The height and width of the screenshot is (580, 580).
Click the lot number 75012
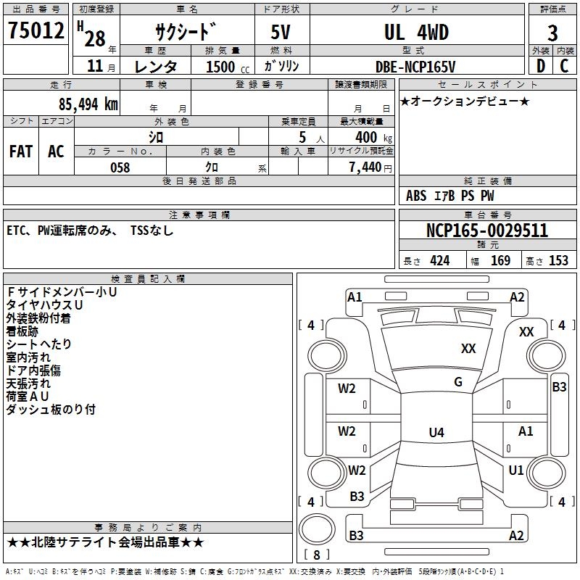coord(36,31)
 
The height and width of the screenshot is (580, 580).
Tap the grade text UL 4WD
coord(416,32)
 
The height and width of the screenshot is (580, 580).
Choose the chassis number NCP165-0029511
coord(486,231)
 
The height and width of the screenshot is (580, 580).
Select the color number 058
coord(120,167)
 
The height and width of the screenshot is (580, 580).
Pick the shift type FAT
coord(21,152)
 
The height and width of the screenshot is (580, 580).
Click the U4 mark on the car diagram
coord(436,433)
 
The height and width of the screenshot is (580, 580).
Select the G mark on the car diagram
coord(457,382)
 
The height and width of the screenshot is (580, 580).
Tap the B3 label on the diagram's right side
coord(559,386)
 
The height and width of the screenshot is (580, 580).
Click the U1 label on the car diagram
coord(515,470)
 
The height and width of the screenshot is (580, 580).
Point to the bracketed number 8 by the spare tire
coord(316,555)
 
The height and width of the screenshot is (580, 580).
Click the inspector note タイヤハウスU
coord(45,304)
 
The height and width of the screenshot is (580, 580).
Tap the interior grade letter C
coord(563,66)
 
